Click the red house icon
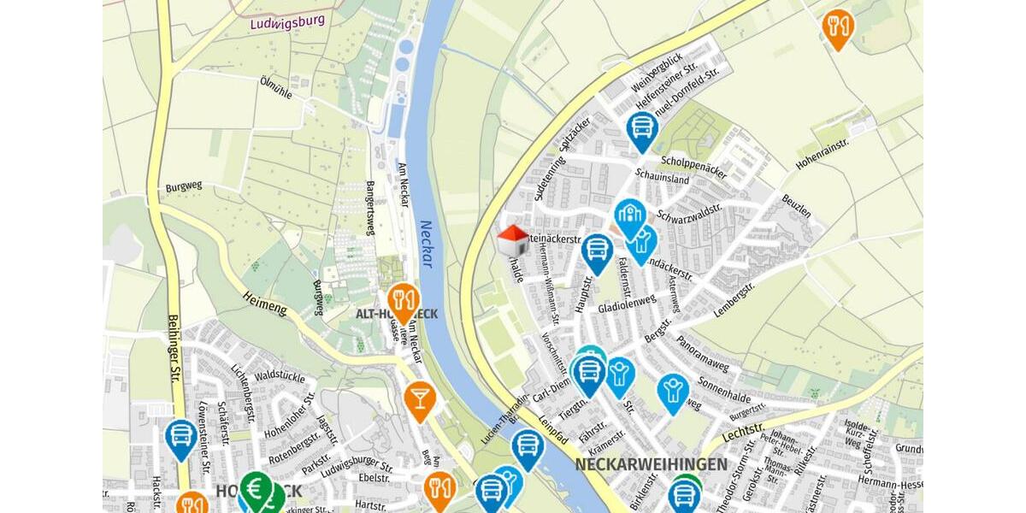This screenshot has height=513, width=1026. click(x=512, y=239)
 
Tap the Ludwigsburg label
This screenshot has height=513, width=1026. click(x=288, y=21)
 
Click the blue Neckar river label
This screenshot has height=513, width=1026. click(x=426, y=244)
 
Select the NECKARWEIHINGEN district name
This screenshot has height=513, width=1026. click(x=651, y=464)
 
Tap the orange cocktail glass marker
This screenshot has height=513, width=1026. click(x=419, y=398)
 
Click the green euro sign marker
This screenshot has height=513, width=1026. click(x=255, y=489)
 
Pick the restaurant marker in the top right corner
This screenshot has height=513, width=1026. click(x=838, y=27)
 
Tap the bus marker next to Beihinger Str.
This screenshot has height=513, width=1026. click(x=181, y=437)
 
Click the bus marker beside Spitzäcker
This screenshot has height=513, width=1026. click(x=641, y=129)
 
